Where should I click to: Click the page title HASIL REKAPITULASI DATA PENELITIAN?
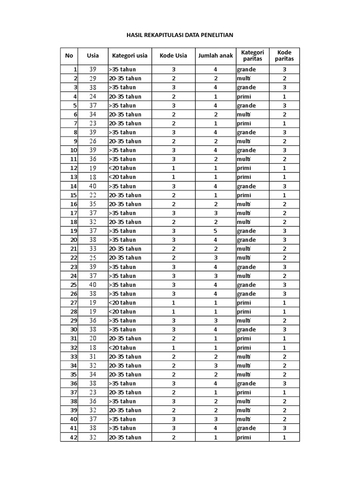point(180,35)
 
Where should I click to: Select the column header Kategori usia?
point(129,56)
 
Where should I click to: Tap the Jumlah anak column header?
point(215,56)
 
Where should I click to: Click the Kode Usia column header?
point(173,56)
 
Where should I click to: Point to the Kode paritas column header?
point(285,56)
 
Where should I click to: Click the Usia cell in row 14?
point(93,186)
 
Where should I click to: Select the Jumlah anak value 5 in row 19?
point(216,231)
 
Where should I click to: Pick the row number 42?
point(73,437)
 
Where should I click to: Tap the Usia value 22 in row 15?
point(93,195)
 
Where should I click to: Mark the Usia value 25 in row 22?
point(93,258)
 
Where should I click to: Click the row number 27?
point(73,303)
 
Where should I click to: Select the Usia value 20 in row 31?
point(93,338)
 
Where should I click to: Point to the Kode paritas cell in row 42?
point(285,437)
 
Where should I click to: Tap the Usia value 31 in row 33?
point(93,357)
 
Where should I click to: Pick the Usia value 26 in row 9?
point(93,141)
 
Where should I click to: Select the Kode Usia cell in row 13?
point(173,177)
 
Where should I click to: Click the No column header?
point(69,56)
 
